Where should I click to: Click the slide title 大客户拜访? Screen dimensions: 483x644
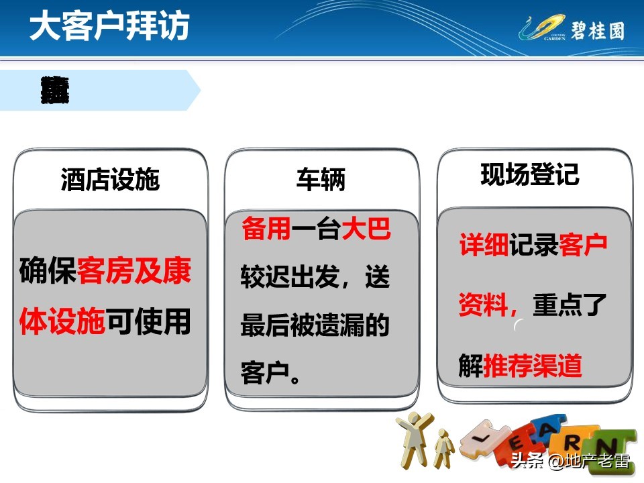tap(109, 28)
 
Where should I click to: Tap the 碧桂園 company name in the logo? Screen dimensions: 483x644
tap(596, 30)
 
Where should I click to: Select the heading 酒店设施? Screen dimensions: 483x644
tap(110, 180)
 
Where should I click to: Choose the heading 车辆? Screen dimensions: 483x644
tap(321, 180)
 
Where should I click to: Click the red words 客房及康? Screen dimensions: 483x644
tap(134, 272)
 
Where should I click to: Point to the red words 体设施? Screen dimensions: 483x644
tap(62, 321)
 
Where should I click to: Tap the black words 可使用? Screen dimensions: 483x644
tap(148, 321)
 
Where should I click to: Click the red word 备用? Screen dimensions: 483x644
tap(266, 229)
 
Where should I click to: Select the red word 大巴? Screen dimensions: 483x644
tap(366, 229)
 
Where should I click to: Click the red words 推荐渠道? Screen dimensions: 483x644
tap(533, 366)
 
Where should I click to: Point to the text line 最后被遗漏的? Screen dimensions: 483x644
tap(315, 326)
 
